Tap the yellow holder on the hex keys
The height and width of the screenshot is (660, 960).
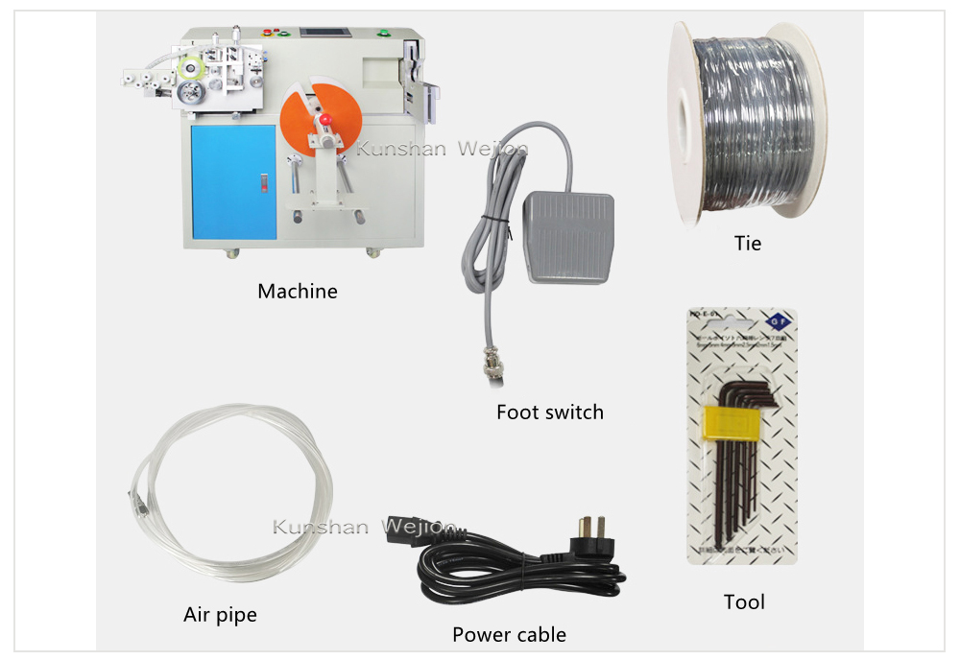click(x=727, y=420)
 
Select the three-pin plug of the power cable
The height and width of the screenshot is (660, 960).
click(x=588, y=536)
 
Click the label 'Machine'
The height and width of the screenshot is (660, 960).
click(x=298, y=291)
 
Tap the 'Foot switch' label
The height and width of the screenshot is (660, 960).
click(x=549, y=412)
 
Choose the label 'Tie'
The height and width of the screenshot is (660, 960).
click(x=747, y=244)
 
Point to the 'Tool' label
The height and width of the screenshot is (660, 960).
click(x=744, y=602)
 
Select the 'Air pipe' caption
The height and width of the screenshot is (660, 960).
click(x=220, y=614)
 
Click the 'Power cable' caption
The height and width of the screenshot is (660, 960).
click(x=509, y=634)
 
